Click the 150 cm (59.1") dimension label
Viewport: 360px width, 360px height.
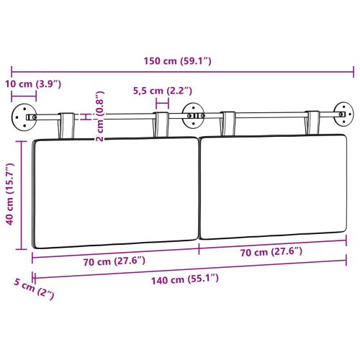(179, 61)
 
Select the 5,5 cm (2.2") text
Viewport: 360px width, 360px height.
(163, 91)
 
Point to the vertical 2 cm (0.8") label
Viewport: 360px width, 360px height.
(100, 116)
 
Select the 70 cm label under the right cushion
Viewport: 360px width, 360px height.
(271, 251)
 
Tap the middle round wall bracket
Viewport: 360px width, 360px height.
(192, 113)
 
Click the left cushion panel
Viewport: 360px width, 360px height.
(115, 191)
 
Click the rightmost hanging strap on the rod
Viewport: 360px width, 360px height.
(314, 122)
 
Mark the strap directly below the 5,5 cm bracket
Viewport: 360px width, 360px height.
(162, 123)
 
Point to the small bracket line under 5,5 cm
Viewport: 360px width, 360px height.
(162, 103)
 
